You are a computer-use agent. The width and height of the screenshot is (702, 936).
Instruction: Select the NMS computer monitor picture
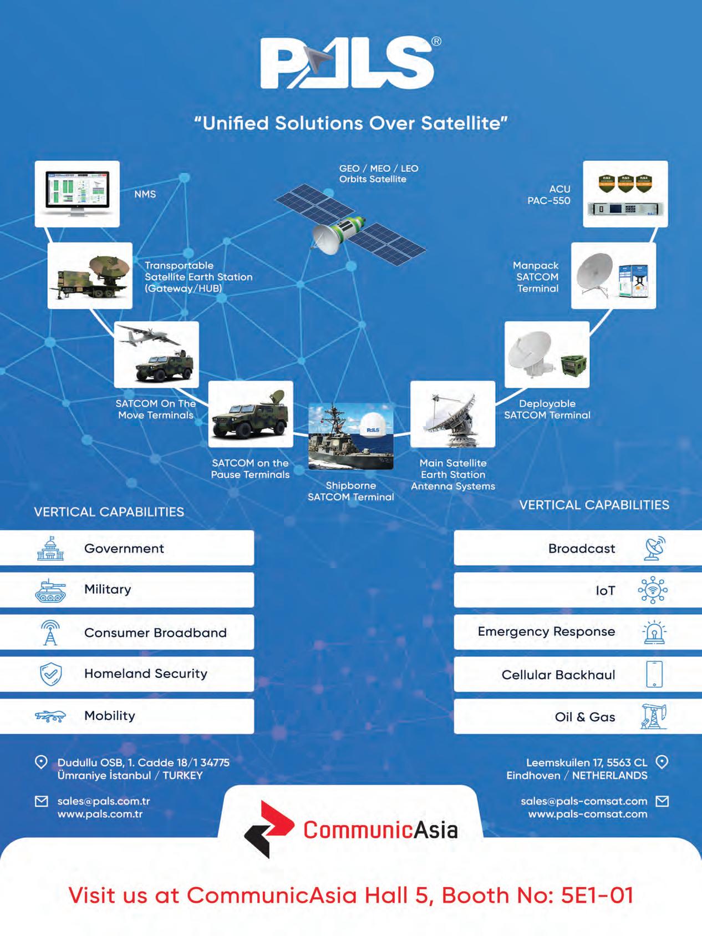[x=77, y=194]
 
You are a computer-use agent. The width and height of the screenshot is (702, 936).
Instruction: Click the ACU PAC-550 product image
[x=625, y=194]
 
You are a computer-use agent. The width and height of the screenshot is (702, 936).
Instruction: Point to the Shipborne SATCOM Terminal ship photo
[x=350, y=437]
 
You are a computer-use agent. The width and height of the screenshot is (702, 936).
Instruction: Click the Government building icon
[x=50, y=548]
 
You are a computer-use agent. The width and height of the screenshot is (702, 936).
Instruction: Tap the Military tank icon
[x=50, y=590]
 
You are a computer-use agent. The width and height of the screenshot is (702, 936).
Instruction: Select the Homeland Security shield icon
[x=50, y=674]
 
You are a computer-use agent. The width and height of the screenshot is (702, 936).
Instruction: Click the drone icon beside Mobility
[x=50, y=716]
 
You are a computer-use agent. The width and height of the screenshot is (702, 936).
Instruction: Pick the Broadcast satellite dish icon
[x=654, y=548]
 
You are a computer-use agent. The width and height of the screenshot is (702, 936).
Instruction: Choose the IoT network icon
[x=653, y=590]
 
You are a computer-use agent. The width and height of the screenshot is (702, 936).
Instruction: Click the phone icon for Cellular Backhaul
[x=654, y=674]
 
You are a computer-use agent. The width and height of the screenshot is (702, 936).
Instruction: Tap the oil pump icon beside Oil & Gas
[x=654, y=716]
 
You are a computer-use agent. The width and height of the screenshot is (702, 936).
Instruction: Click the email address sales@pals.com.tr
[x=104, y=801]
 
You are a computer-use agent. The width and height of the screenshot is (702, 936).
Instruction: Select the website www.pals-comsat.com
[x=588, y=814]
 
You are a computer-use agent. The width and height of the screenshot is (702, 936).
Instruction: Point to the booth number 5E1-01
[x=597, y=895]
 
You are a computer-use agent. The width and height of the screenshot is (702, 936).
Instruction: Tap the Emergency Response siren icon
[x=654, y=633]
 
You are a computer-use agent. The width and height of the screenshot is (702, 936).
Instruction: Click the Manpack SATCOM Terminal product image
[x=613, y=276]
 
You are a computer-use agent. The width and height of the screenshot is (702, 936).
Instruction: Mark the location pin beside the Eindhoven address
[x=662, y=762]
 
